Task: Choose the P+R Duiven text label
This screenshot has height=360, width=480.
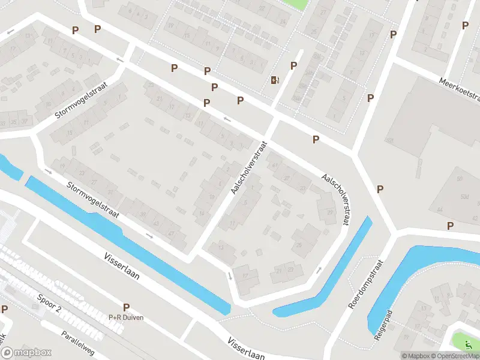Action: click(x=126, y=317)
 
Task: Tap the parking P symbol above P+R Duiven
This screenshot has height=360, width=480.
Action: click(x=126, y=307)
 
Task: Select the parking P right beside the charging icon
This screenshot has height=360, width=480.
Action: click(x=293, y=66)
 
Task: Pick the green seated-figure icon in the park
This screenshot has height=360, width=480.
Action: click(x=469, y=345)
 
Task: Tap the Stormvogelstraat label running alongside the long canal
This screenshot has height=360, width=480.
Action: click(x=94, y=199)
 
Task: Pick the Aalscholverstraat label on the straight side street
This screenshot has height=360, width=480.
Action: click(x=248, y=168)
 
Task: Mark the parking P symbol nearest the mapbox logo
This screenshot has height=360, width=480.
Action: click(x=5, y=310)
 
